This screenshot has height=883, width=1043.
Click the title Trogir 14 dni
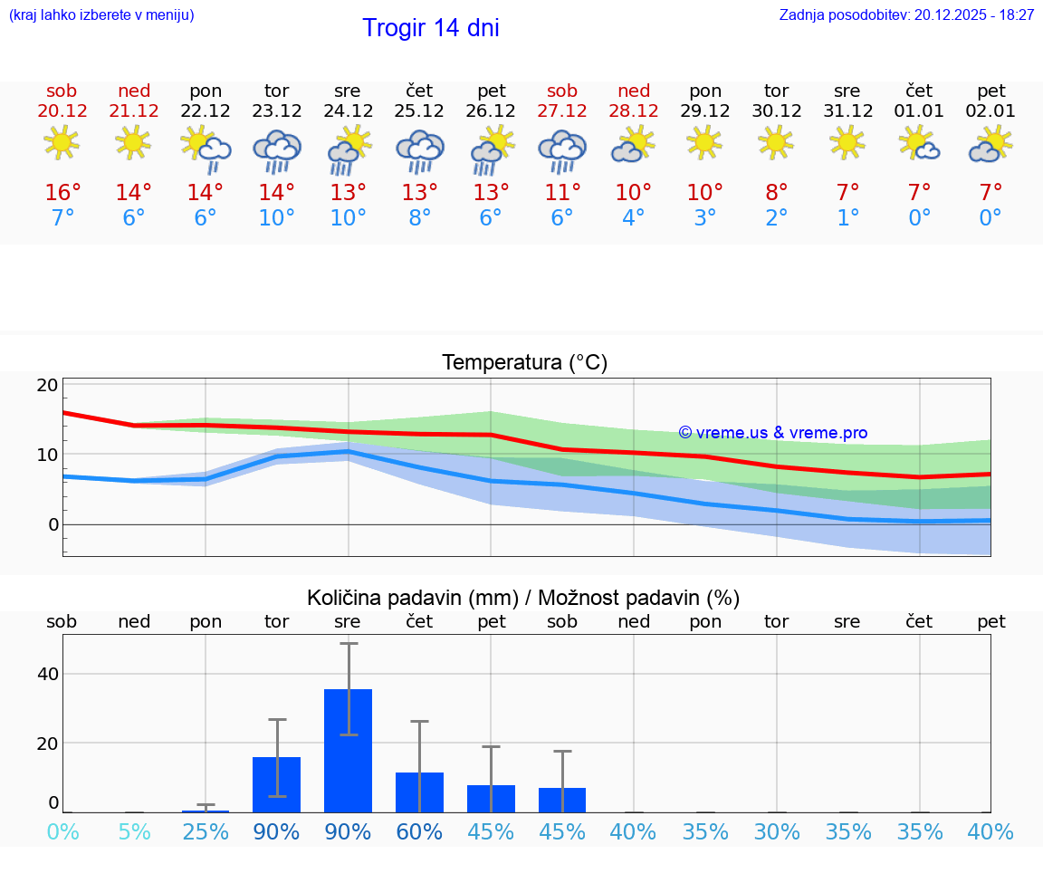[x=430, y=28]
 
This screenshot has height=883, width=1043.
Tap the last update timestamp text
[x=906, y=15]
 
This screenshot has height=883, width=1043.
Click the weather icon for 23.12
[x=277, y=150]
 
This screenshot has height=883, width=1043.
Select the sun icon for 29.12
[x=705, y=142]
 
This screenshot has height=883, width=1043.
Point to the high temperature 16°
[x=62, y=193]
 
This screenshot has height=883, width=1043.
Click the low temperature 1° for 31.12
[x=847, y=218]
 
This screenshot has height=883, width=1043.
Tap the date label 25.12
[x=419, y=111]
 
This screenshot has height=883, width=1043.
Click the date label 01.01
[x=919, y=111]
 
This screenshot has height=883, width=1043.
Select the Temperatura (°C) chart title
[x=524, y=363]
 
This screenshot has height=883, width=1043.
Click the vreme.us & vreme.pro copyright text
[x=773, y=433]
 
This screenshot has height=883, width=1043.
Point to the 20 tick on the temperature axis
[x=48, y=385]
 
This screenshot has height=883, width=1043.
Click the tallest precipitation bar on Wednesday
[x=348, y=751]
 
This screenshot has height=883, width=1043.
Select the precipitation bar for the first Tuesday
[x=277, y=784]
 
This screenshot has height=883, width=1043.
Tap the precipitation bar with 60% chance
[x=419, y=792]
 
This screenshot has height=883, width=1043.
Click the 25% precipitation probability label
[x=206, y=831]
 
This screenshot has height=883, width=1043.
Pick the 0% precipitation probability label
[x=62, y=831]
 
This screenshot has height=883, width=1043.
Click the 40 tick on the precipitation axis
[x=48, y=674]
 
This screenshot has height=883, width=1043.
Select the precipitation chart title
[x=523, y=598]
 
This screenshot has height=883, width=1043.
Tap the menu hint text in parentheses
[x=101, y=15]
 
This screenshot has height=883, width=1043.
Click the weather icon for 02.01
[x=990, y=144]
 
